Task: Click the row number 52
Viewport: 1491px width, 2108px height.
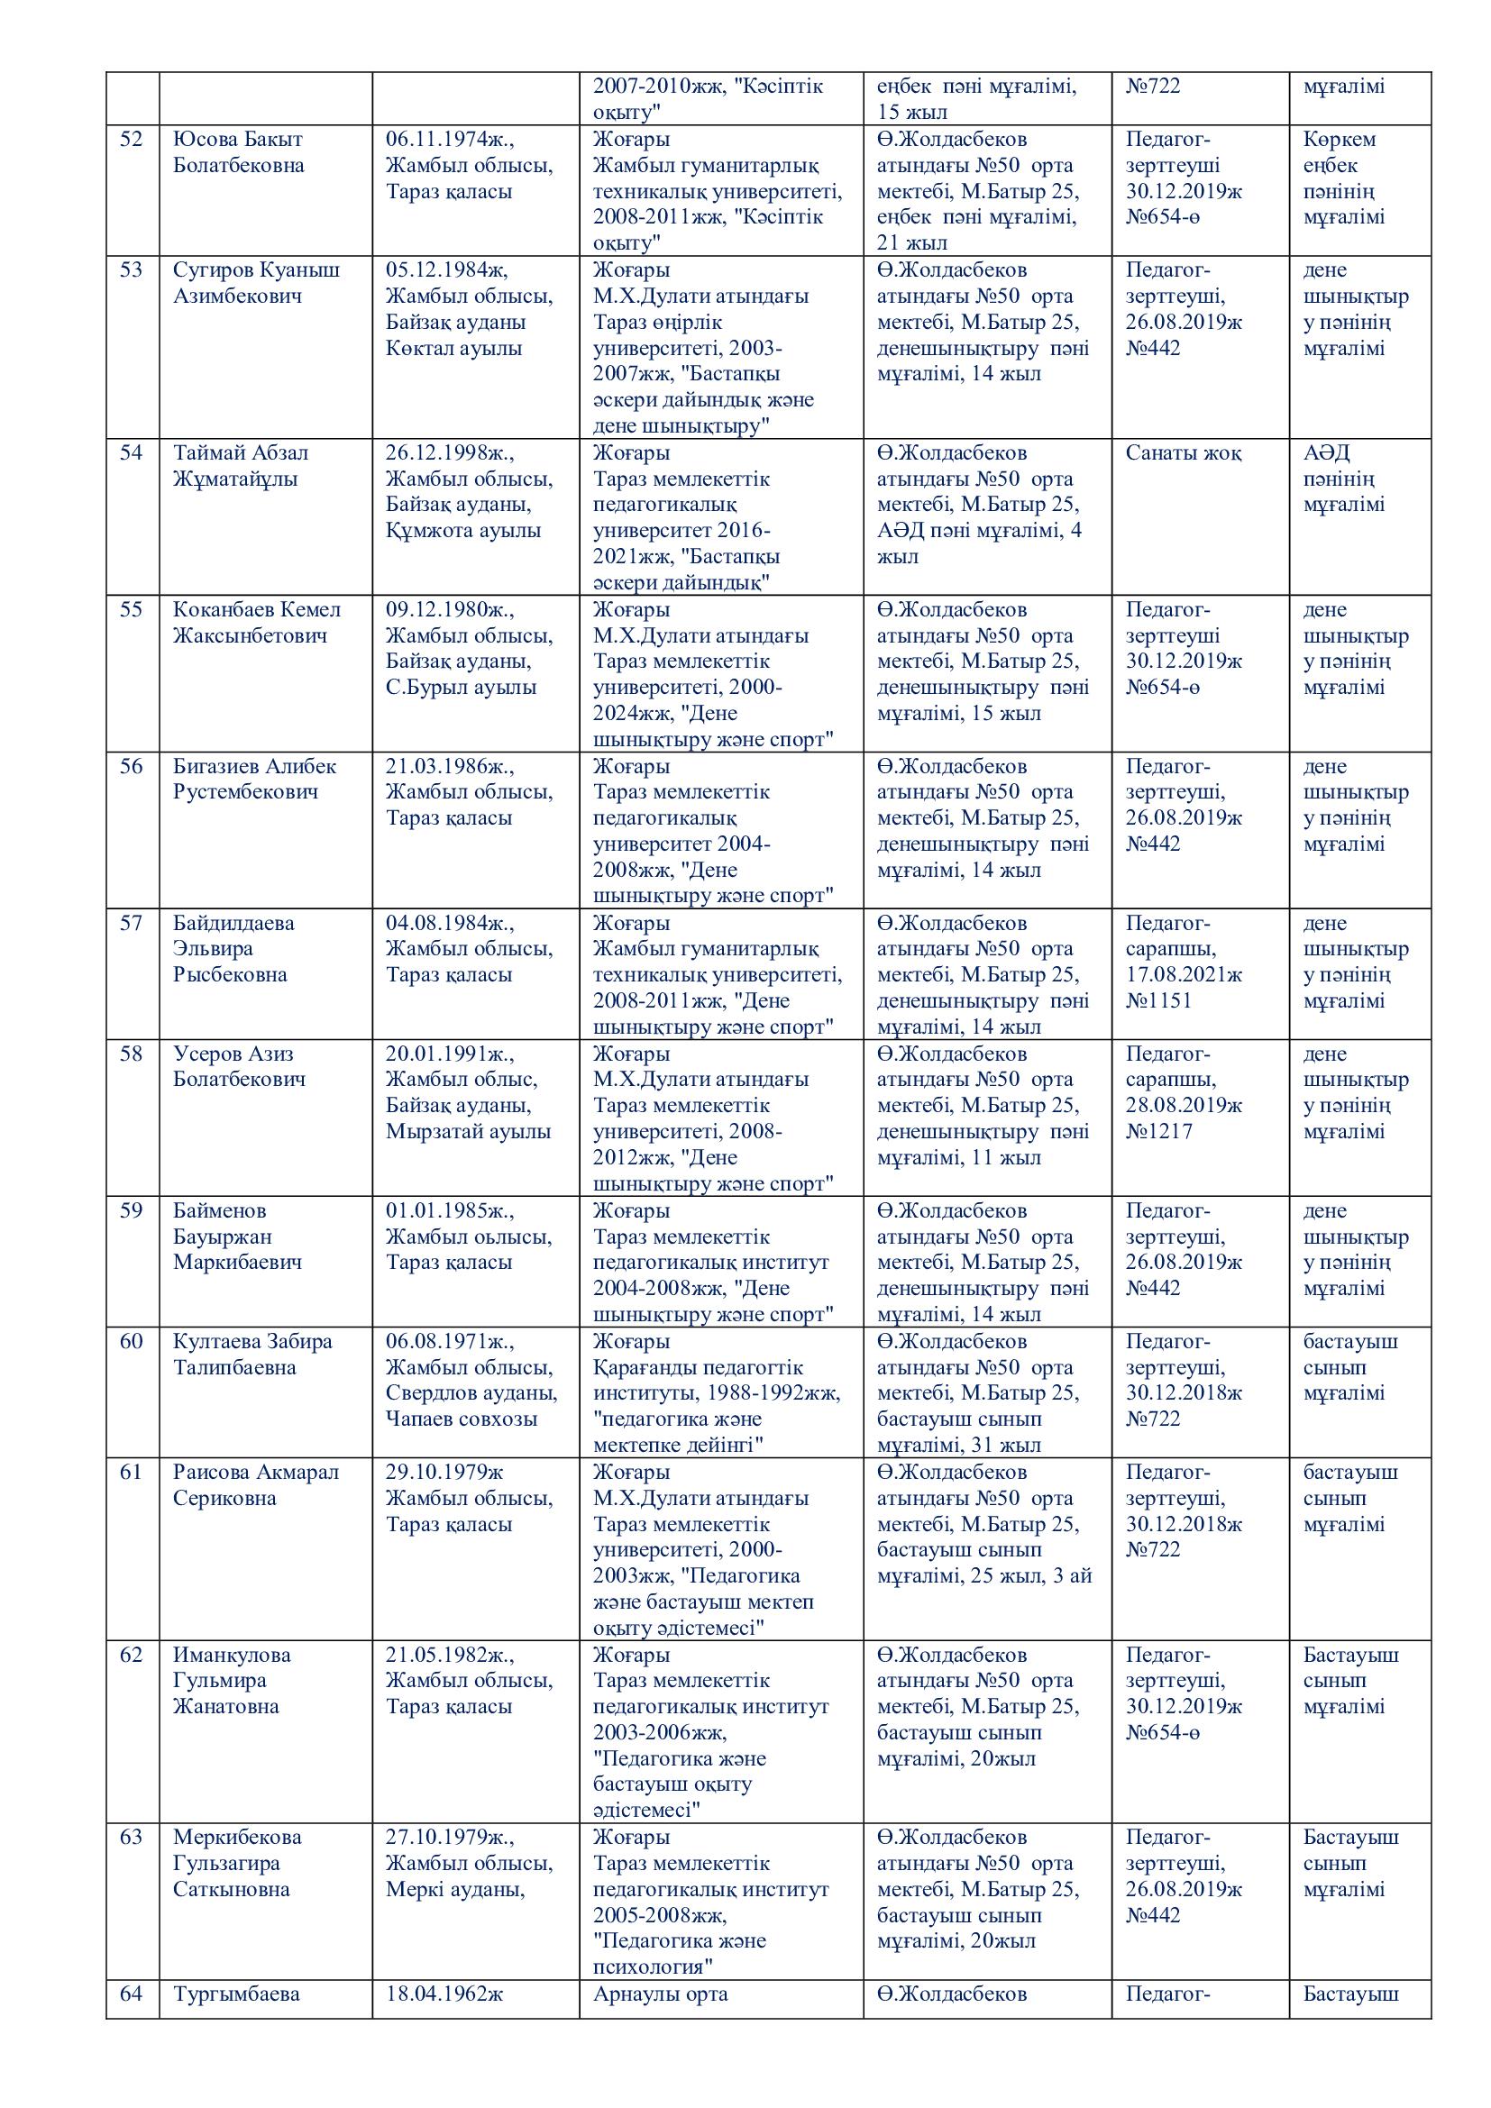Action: tap(132, 140)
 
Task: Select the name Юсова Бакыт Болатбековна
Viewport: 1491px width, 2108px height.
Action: tap(238, 152)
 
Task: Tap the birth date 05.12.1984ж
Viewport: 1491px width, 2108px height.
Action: tap(446, 270)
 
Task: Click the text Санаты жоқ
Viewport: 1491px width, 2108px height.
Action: tap(1184, 452)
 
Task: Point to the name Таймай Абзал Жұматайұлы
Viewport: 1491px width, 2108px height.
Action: tap(241, 465)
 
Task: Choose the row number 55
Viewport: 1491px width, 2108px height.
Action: tap(132, 609)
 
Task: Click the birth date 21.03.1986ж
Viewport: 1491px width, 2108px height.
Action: tap(449, 767)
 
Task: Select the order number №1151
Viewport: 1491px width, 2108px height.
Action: tap(1158, 1000)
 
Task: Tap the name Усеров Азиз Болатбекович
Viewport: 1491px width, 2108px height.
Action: tap(239, 1067)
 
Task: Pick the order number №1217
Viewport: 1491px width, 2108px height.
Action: tap(1158, 1131)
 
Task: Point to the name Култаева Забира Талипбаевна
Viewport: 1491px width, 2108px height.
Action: tap(252, 1355)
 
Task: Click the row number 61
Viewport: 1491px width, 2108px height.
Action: tap(132, 1472)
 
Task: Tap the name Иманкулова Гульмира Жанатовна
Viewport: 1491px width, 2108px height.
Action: tap(232, 1680)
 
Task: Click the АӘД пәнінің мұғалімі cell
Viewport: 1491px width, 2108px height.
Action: tap(1343, 479)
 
